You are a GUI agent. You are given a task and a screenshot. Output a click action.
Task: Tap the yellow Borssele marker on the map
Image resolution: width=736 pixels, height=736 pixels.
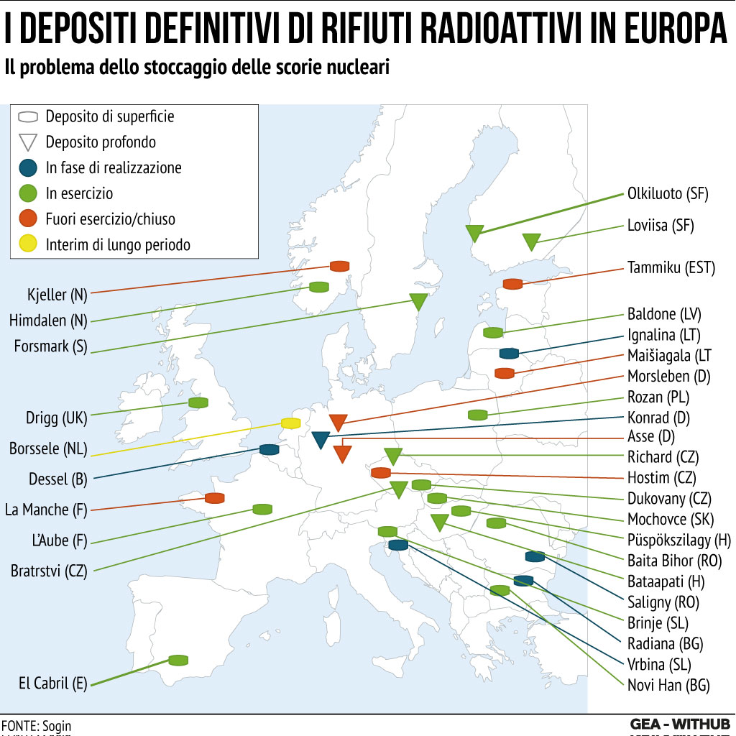click(290, 423)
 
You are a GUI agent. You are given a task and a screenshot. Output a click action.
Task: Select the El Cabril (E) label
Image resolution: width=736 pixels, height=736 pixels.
click(53, 683)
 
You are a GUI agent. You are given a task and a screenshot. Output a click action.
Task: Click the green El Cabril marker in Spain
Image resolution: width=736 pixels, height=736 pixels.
click(178, 660)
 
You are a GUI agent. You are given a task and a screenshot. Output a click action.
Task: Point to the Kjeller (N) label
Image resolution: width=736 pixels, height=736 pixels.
click(57, 294)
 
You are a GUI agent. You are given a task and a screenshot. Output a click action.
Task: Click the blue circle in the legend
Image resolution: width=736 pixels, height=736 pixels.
click(27, 168)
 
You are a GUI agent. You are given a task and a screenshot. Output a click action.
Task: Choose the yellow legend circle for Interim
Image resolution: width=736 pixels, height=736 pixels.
click(27, 244)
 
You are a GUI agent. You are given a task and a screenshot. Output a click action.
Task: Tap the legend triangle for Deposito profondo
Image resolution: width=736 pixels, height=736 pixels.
click(27, 142)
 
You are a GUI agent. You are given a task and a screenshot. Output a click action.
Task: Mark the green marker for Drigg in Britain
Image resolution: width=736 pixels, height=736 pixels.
click(198, 402)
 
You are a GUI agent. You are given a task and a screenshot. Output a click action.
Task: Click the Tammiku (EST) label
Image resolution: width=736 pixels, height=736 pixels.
click(671, 268)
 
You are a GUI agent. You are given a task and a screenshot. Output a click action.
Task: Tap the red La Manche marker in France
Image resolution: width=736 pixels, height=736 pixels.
click(214, 498)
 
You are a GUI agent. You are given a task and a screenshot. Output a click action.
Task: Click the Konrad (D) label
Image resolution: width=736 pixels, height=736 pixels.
click(658, 418)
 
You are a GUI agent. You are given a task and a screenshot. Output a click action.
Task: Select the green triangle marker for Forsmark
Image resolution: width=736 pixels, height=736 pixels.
click(418, 301)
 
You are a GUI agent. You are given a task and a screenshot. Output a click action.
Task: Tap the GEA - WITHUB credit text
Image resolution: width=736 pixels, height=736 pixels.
click(679, 723)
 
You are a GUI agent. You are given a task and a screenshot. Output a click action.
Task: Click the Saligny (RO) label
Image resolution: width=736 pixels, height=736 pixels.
click(663, 602)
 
